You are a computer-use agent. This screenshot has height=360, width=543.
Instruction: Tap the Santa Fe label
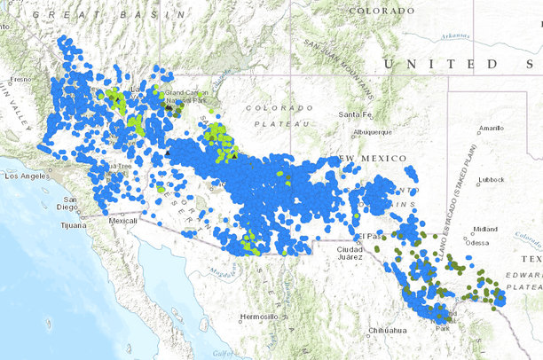pyautogui.click(x=354, y=115)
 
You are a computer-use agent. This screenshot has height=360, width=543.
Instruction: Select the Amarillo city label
pyautogui.click(x=491, y=128)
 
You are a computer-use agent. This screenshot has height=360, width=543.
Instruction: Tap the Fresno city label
pyautogui.click(x=20, y=79)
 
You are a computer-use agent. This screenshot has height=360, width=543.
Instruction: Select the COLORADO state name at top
pyautogui.click(x=382, y=10)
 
